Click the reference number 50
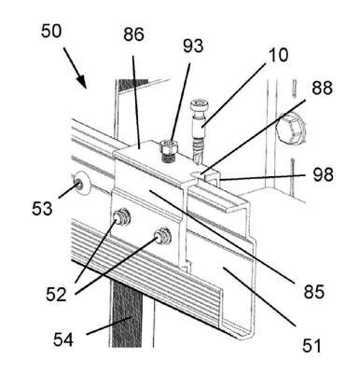tap(51, 31)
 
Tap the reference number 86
tap(133, 35)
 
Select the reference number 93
tap(193, 46)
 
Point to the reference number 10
tap(278, 55)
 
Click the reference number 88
tap(322, 89)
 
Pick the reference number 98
tap(324, 174)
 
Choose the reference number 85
tap(314, 292)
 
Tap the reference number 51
tap(312, 346)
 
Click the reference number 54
tap(63, 339)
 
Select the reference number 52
tap(56, 295)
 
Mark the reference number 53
tap(42, 209)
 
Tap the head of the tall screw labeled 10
tap(197, 105)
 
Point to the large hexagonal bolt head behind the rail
tap(290, 129)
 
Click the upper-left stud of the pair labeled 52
tap(122, 217)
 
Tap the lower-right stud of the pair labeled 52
tap(163, 236)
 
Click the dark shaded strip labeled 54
tap(126, 311)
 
